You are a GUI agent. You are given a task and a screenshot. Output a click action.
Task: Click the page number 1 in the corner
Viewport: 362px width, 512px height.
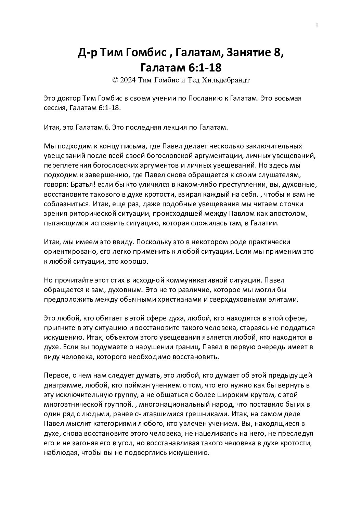[x=318, y=25]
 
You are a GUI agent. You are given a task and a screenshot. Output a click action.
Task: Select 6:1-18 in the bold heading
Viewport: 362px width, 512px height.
[x=205, y=68]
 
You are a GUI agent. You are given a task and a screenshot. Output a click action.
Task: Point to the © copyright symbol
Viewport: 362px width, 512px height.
[x=115, y=80]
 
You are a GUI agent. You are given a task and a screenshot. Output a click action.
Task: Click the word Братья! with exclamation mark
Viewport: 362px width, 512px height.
[x=79, y=185]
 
